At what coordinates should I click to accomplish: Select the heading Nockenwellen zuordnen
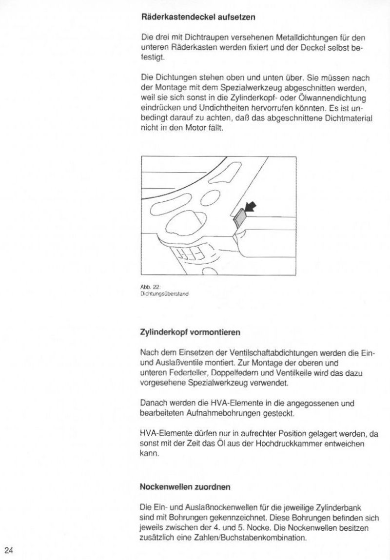(x=185, y=486)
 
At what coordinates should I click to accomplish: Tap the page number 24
(x=9, y=550)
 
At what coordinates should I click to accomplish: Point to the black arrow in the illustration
(x=250, y=208)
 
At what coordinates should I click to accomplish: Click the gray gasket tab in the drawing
(x=239, y=217)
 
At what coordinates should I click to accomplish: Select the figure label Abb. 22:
(x=147, y=288)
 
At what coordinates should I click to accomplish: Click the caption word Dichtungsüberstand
(x=164, y=294)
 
